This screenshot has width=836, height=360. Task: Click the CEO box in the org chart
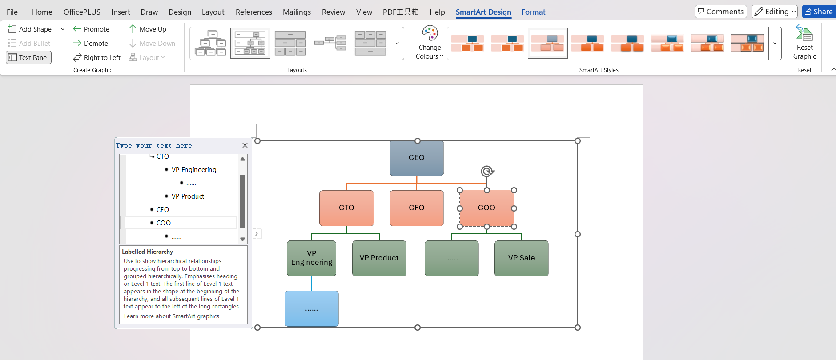point(416,158)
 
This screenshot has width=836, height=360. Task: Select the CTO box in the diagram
point(346,208)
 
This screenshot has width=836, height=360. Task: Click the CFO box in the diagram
point(416,208)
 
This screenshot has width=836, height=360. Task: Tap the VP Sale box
point(521,258)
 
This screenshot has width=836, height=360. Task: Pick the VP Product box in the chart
point(379,258)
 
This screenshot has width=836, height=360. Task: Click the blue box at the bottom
point(311,309)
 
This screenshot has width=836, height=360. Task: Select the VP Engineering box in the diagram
point(311,258)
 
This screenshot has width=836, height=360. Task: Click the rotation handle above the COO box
point(487,171)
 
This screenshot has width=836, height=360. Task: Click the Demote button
point(91,43)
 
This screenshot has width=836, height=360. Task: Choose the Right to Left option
point(97,57)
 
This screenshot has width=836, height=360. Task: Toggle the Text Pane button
point(28,57)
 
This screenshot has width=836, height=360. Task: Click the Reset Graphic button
point(804,43)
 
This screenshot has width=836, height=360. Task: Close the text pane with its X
point(245,145)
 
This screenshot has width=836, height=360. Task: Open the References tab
point(253,12)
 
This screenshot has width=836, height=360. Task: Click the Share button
point(819,12)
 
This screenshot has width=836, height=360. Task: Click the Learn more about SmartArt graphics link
point(172,316)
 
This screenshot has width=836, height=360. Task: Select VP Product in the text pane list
point(188,196)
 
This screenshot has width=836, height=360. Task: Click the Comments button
point(720,12)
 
